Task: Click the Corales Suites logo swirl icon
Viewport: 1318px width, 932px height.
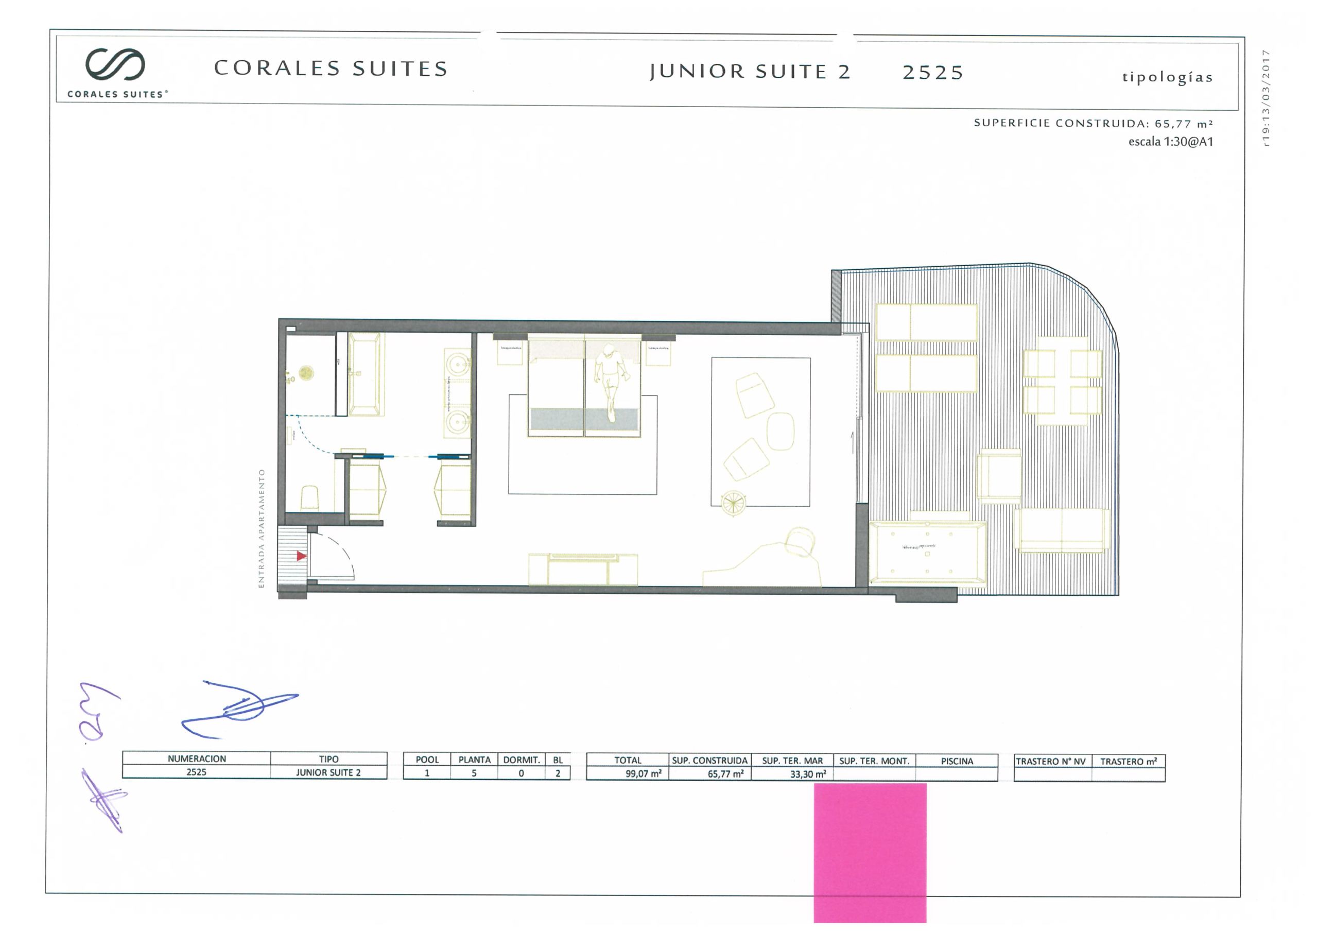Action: click(x=115, y=64)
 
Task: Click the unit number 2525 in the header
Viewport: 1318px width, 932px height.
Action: click(x=932, y=73)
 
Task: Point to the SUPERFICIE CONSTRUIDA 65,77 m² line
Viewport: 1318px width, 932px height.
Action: click(x=1093, y=124)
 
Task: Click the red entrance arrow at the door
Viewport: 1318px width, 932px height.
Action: click(x=301, y=556)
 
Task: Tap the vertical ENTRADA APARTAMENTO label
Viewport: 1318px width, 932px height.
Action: click(x=262, y=528)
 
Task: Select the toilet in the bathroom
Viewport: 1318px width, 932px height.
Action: click(x=309, y=497)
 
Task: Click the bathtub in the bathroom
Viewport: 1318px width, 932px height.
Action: click(x=365, y=374)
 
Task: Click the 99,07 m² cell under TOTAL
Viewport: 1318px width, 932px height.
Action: click(x=643, y=773)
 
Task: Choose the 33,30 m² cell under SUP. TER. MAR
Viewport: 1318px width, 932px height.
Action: click(x=808, y=774)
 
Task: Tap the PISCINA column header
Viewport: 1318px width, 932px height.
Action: click(x=957, y=761)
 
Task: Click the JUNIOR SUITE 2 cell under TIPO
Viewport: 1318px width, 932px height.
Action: click(x=328, y=772)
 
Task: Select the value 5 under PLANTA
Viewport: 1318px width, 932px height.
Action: click(x=474, y=773)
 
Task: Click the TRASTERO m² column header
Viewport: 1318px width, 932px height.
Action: click(x=1128, y=762)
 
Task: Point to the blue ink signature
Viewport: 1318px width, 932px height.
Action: click(x=241, y=709)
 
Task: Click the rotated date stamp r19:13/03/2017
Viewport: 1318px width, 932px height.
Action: click(x=1266, y=98)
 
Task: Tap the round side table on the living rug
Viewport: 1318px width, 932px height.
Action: click(x=733, y=503)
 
